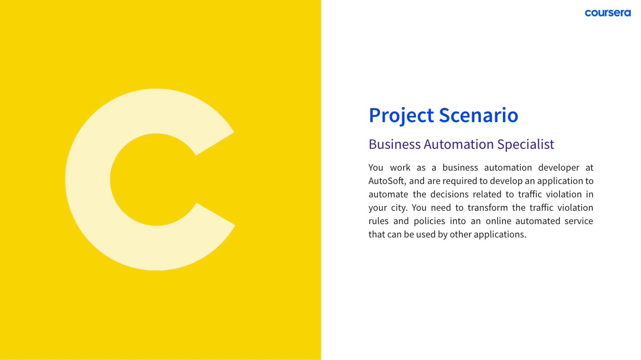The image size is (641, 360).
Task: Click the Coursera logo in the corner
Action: click(x=608, y=13)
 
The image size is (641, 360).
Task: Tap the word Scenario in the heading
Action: click(x=478, y=115)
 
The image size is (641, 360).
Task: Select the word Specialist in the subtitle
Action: click(x=526, y=144)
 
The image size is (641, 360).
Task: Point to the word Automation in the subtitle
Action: click(x=459, y=144)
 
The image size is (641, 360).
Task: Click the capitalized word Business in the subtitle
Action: click(x=395, y=144)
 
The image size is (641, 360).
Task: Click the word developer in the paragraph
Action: click(x=559, y=168)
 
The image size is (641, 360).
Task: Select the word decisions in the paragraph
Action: click(x=449, y=194)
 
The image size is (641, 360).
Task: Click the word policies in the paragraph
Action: click(x=429, y=221)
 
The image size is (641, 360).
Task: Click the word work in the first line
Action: click(x=400, y=168)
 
